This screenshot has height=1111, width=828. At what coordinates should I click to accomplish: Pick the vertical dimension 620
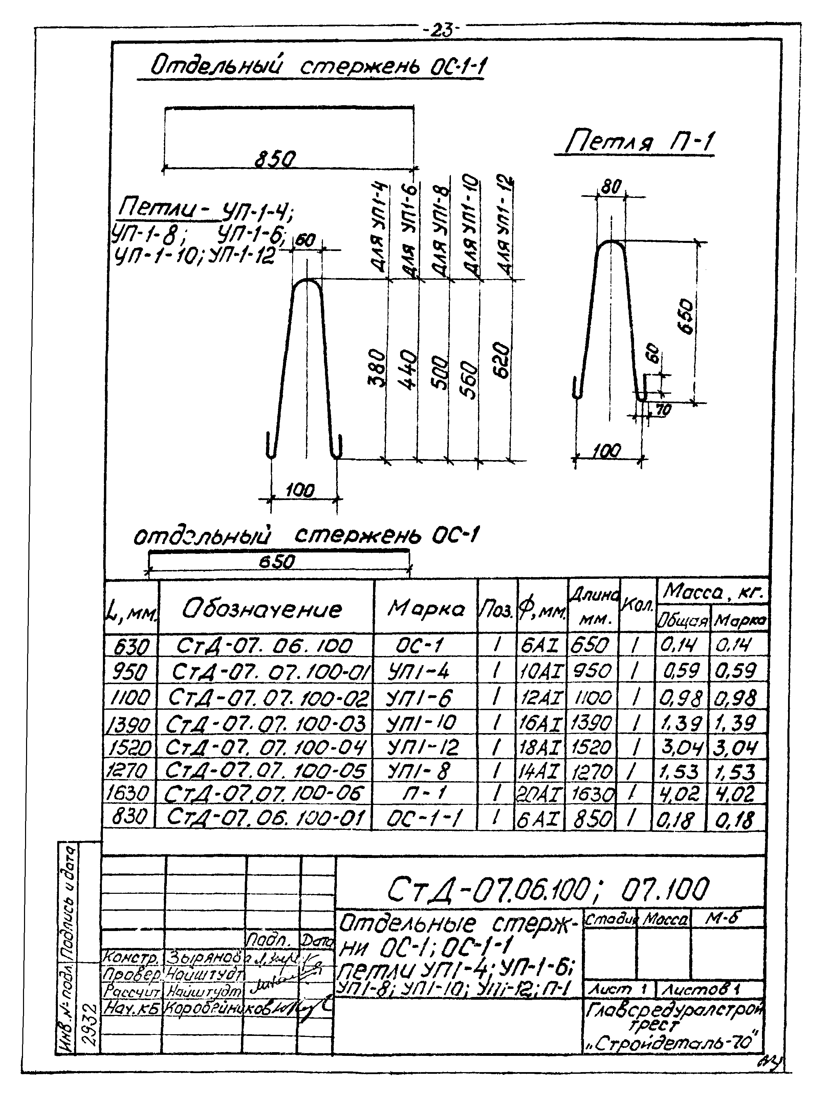[x=501, y=360]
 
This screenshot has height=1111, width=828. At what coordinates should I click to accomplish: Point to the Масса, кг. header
[x=712, y=593]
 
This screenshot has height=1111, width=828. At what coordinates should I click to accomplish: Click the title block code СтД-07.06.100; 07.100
[x=548, y=889]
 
